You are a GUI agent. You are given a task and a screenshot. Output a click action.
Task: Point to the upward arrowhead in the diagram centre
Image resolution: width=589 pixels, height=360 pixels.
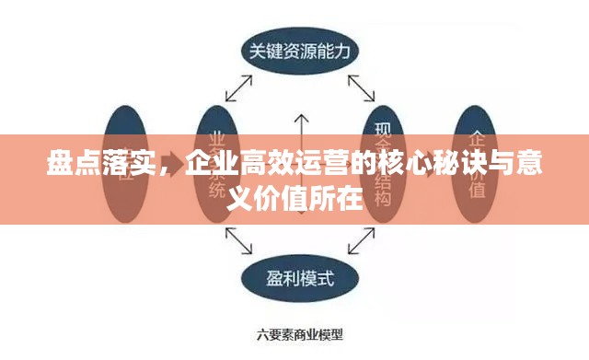(x=298, y=118)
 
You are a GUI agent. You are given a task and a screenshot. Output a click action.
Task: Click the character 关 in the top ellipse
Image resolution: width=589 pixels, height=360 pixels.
(x=255, y=52)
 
